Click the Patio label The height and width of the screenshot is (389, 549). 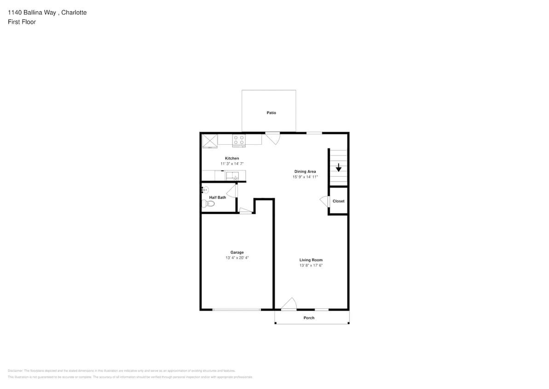(x=271, y=113)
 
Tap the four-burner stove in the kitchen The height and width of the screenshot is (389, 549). (x=239, y=140)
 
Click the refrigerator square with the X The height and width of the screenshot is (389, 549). (x=210, y=141)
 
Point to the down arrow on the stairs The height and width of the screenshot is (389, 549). (x=339, y=167)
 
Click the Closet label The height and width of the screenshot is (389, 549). (x=338, y=201)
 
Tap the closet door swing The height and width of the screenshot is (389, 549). (x=324, y=200)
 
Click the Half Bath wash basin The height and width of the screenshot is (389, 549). (x=205, y=189)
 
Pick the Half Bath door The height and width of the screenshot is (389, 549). (x=232, y=190)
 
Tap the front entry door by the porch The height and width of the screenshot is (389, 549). (x=289, y=305)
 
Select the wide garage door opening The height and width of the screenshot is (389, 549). (x=237, y=309)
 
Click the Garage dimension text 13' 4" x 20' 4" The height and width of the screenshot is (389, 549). (x=237, y=258)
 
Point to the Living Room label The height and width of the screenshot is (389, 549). (x=311, y=260)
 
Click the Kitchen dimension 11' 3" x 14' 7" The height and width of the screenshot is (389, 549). (x=232, y=164)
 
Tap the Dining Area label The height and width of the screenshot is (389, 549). (x=305, y=171)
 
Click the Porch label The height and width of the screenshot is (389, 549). (x=309, y=318)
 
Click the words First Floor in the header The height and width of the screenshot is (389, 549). (x=22, y=22)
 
